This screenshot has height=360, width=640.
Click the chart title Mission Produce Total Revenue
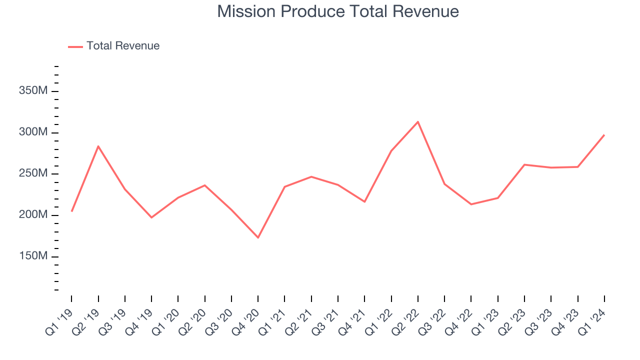[x=338, y=11]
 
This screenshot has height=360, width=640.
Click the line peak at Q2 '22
[x=417, y=121]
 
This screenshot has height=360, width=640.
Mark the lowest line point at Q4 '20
[x=258, y=237]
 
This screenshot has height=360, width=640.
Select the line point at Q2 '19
[x=98, y=146]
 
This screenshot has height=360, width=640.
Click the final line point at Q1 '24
[x=604, y=135]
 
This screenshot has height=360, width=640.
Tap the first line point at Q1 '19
[x=71, y=211]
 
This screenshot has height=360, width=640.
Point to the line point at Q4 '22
[x=471, y=204]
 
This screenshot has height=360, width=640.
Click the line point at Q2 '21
[x=311, y=176]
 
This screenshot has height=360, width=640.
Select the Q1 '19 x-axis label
[x=60, y=320]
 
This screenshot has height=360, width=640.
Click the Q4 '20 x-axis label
[x=246, y=320]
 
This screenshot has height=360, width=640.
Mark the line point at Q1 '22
[x=391, y=150]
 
